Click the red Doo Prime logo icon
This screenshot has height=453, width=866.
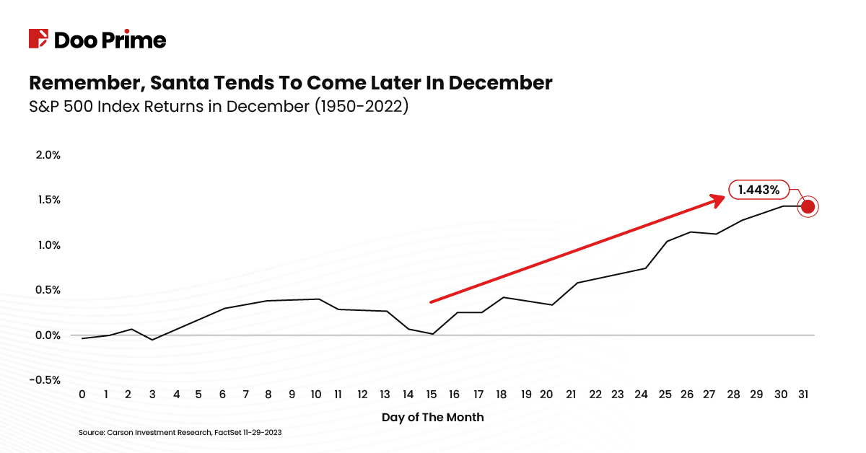click(x=38, y=39)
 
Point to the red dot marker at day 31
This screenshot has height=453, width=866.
click(x=808, y=206)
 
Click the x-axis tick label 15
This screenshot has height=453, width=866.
click(x=432, y=395)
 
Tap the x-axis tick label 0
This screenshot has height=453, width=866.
click(x=82, y=395)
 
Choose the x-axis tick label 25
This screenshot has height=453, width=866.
click(x=665, y=395)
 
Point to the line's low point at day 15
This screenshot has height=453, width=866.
click(x=432, y=334)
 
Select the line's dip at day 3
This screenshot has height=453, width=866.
click(x=152, y=339)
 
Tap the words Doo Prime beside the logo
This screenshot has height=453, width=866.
click(x=110, y=40)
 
